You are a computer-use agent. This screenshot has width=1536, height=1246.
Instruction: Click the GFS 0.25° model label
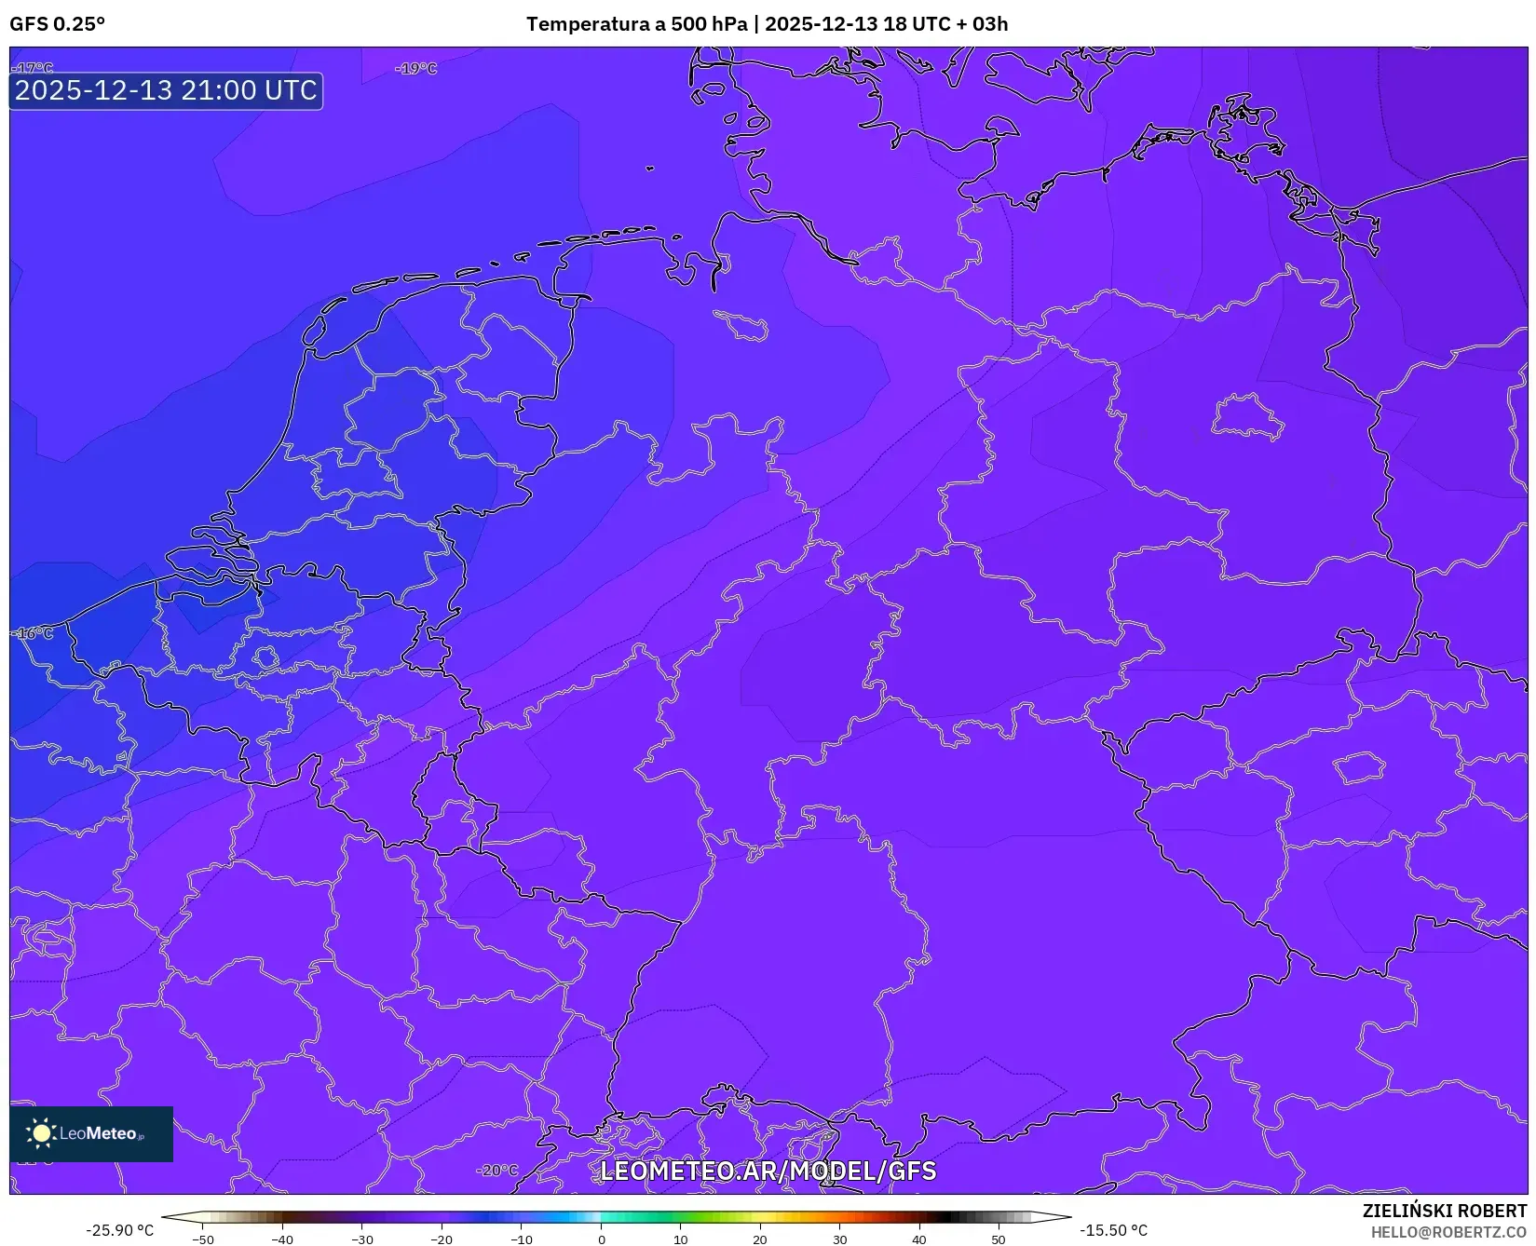coord(57,24)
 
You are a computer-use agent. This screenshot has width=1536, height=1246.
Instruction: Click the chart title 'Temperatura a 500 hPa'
coord(636,24)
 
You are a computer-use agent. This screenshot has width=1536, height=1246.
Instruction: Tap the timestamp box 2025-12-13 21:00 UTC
coord(166,90)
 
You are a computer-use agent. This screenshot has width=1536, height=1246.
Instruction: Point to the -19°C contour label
coord(415,68)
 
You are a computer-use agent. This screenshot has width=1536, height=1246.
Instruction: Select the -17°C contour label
coord(34,68)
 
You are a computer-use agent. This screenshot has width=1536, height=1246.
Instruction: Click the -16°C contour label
coord(34,633)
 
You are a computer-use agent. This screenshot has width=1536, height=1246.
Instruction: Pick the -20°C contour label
coord(496,1171)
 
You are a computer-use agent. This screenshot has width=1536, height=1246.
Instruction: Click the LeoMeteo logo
coord(91,1133)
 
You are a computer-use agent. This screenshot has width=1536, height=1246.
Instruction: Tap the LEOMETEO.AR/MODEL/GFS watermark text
coord(768,1171)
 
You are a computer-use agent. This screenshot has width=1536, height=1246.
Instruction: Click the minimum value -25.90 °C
coord(119,1230)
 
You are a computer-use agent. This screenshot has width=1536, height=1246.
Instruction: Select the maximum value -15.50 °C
coord(1113,1230)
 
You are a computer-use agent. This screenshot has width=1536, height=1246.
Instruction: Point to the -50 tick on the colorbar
coord(203,1239)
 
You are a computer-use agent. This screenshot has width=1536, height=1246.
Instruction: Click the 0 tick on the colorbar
coord(602,1239)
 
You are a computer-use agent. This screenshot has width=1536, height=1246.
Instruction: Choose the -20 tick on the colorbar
coord(442,1239)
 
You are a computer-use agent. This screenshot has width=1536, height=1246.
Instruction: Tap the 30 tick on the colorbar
coord(840,1239)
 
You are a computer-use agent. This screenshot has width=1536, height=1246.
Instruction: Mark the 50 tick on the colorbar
coord(999,1239)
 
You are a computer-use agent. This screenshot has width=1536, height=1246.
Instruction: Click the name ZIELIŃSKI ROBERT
coord(1445,1211)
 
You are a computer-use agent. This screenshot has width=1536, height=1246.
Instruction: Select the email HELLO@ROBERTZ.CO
coord(1448,1232)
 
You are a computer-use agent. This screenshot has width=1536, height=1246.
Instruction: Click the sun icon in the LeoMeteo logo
coord(41,1133)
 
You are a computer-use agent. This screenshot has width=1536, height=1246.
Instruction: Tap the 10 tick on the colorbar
coord(681,1239)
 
